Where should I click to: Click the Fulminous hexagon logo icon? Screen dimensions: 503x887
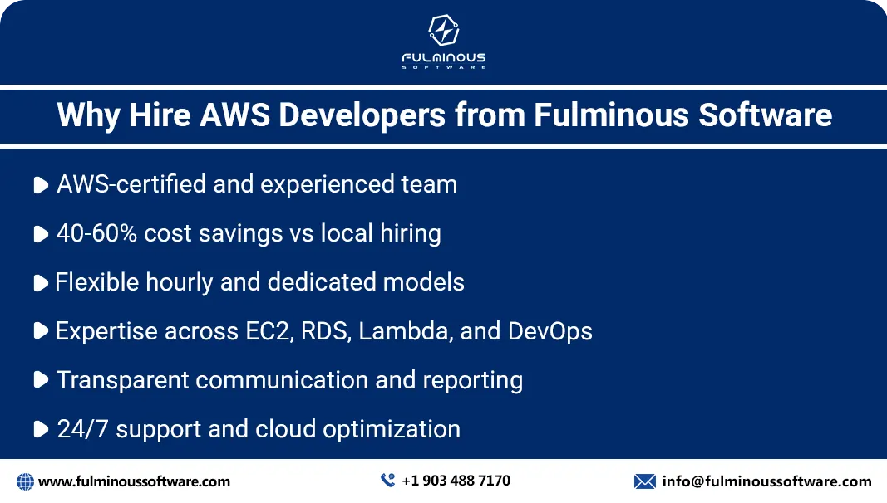point(443,32)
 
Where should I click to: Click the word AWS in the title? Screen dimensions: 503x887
point(234,115)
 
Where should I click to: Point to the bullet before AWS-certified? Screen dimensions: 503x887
point(40,186)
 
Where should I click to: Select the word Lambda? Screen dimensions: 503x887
point(406,331)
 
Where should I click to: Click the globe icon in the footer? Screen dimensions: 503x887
point(25,481)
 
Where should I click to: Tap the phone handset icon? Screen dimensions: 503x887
point(387,481)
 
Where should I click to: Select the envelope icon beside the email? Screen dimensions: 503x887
point(645,481)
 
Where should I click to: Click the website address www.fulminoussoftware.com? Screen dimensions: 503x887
point(134,481)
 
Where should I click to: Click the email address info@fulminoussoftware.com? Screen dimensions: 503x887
point(766,481)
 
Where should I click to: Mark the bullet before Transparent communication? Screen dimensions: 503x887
point(40,381)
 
